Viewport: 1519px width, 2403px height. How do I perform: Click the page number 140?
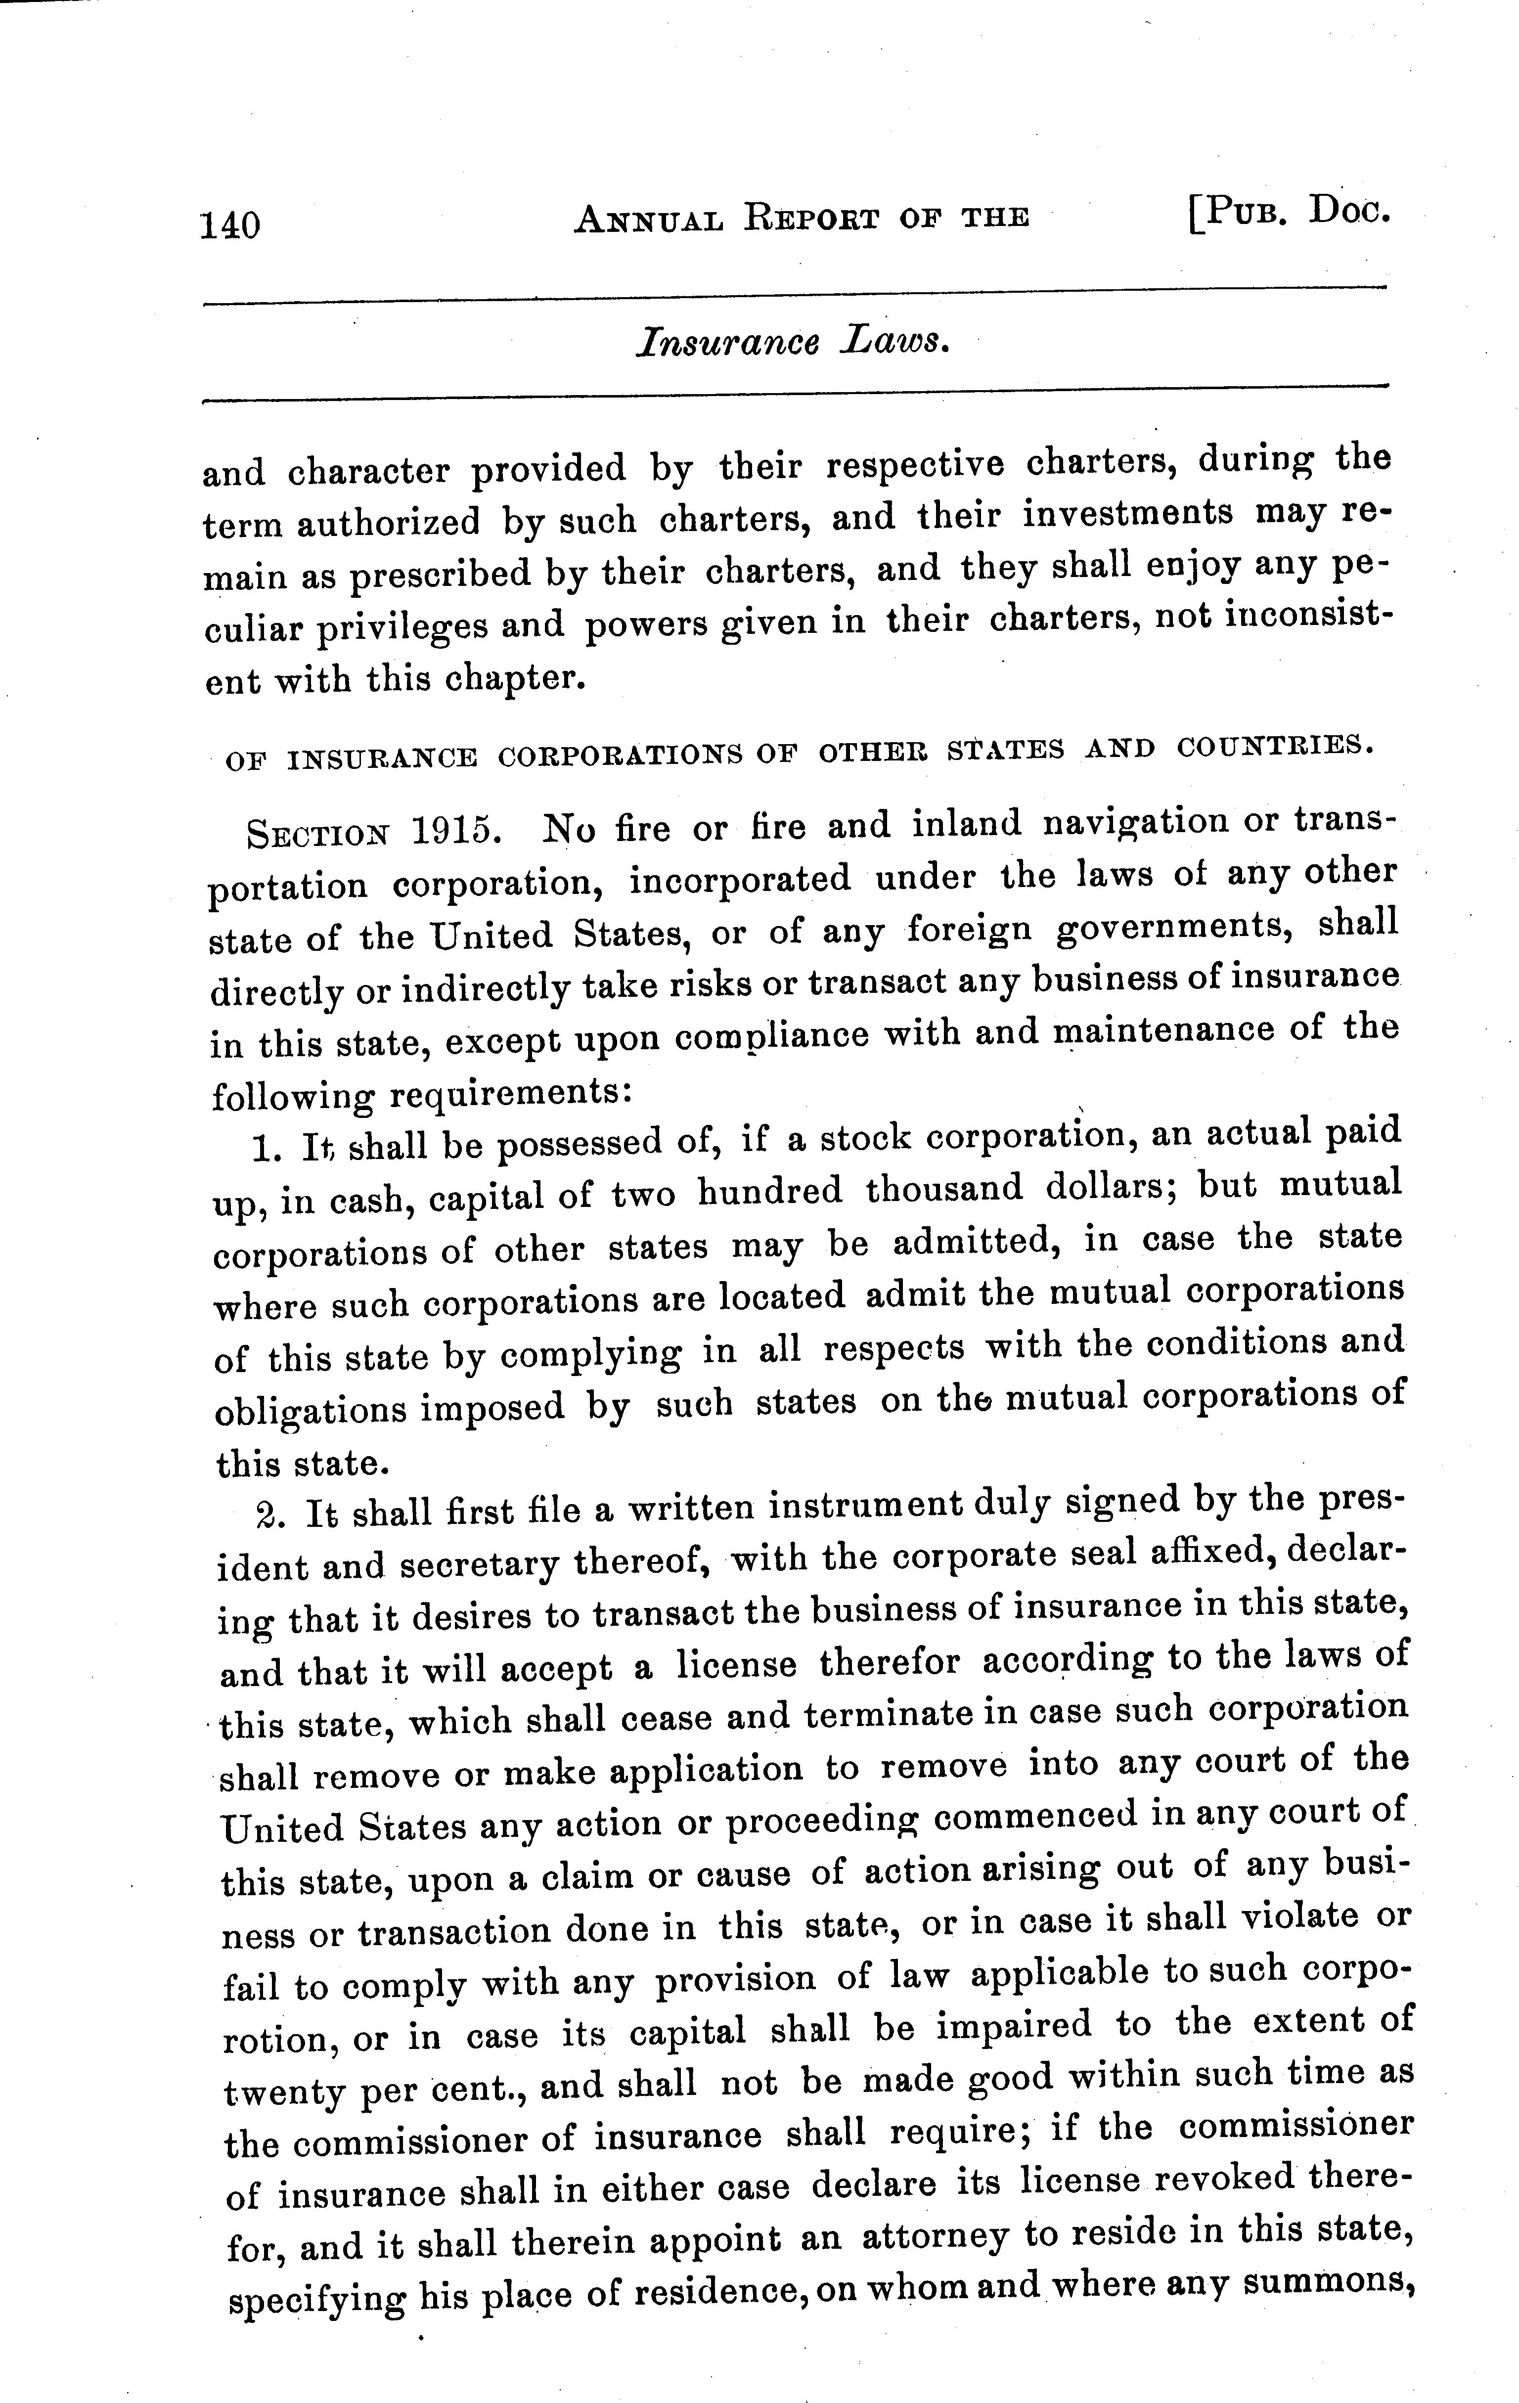(230, 224)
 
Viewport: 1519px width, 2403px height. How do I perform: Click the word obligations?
(310, 1410)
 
